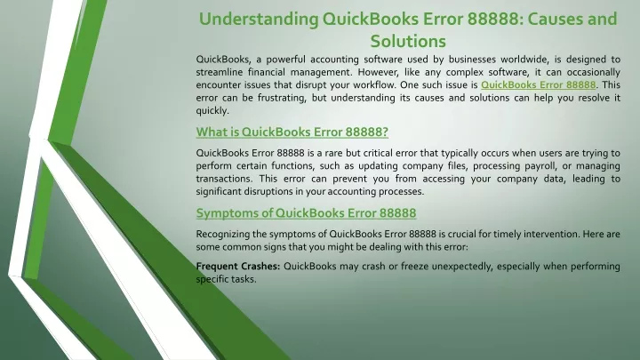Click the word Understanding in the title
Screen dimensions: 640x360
(x=259, y=20)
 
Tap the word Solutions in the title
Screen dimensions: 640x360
(x=408, y=41)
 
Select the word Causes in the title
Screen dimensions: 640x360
(x=552, y=19)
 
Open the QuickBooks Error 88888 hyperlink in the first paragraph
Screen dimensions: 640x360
(x=539, y=85)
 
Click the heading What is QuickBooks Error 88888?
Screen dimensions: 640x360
(x=292, y=132)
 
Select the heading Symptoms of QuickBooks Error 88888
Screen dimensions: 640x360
(x=306, y=213)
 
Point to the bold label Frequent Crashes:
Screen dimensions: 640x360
(x=238, y=266)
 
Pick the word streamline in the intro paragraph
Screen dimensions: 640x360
(x=220, y=72)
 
